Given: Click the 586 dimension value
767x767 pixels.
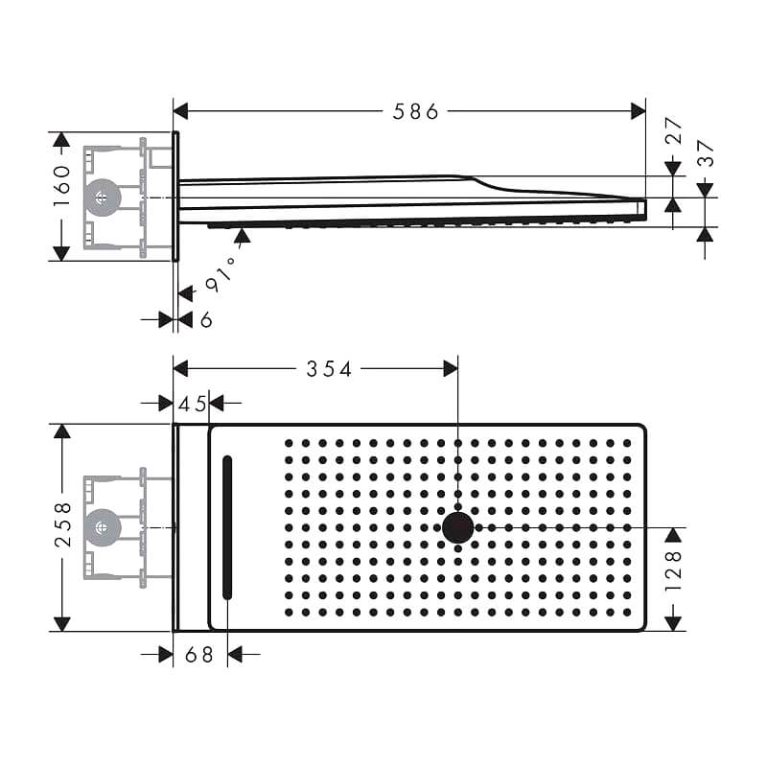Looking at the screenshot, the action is (x=415, y=112).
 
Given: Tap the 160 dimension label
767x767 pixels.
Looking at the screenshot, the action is (x=62, y=186).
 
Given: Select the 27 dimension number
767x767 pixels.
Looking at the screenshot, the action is (x=674, y=130).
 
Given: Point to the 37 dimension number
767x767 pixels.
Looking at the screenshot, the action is (x=706, y=153).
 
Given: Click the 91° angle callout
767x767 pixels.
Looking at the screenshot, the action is (x=220, y=275).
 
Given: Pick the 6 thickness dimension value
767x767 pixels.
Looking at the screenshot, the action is (x=206, y=320).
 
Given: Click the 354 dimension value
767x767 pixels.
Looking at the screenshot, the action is (x=329, y=369).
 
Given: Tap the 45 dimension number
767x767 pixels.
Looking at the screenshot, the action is (x=193, y=405).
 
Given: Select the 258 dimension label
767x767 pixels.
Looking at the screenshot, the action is (x=63, y=524).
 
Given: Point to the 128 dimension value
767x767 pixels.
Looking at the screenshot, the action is (x=674, y=570).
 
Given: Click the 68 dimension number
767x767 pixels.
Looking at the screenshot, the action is (x=199, y=655).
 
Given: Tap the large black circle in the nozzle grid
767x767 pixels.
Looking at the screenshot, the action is (x=458, y=528).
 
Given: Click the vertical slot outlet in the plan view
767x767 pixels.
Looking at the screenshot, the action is (x=227, y=527).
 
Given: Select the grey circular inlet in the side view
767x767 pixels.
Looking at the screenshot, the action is (x=103, y=198).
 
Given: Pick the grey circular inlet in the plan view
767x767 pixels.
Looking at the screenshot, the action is (x=103, y=527).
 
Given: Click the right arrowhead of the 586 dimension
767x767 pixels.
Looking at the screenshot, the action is (x=638, y=111).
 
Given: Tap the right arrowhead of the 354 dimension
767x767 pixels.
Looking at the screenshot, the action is (x=451, y=369).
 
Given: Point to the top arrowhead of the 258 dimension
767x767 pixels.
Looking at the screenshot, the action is (x=62, y=430).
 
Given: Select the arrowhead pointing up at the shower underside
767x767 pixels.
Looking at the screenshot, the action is (x=243, y=235).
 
